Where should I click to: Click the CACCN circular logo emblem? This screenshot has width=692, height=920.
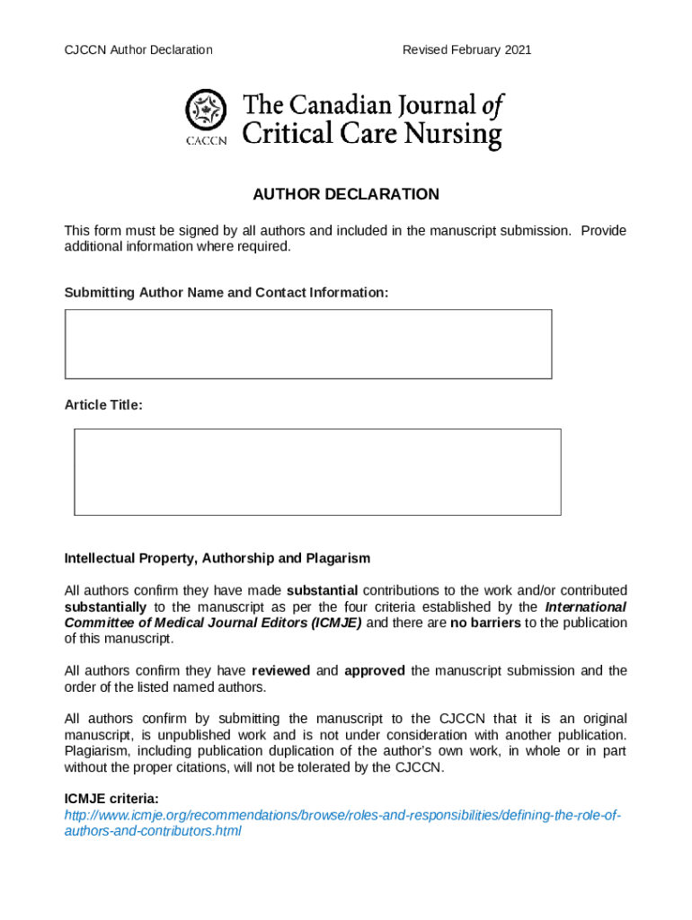tap(205, 111)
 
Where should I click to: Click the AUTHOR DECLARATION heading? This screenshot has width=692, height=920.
tap(346, 194)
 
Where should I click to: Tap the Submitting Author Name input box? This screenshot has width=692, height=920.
tap(308, 344)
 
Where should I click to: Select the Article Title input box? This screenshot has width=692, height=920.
tap(317, 472)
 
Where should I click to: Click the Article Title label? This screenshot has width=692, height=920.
tap(103, 405)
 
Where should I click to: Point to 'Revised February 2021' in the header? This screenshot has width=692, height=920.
tap(466, 49)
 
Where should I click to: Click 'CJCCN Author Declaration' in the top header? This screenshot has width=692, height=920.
tap(138, 49)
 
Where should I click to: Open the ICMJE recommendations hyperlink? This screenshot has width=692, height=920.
tap(342, 815)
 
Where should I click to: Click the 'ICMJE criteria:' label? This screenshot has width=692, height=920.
tap(111, 798)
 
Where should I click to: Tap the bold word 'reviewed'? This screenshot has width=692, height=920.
tap(281, 670)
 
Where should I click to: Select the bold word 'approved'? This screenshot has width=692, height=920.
tap(375, 670)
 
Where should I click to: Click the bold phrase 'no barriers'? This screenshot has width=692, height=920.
tap(484, 623)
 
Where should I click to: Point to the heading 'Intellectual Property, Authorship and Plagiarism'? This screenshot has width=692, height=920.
tap(217, 558)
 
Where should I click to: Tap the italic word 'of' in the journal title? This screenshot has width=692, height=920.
tap(492, 106)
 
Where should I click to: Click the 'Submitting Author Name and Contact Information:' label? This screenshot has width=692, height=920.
tap(226, 293)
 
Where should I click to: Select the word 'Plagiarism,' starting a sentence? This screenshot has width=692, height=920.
tap(99, 751)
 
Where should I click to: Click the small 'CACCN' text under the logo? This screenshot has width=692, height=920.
tap(206, 140)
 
